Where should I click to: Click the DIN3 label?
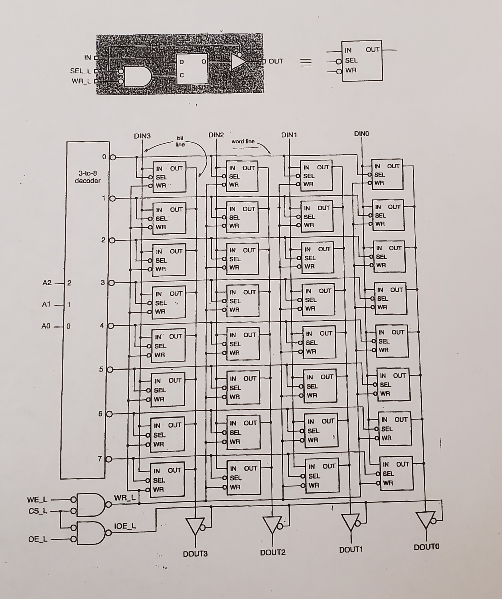point(142,136)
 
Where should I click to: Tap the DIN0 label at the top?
point(361,134)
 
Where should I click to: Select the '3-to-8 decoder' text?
point(88,177)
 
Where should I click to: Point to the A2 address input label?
point(47,283)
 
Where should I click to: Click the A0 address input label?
point(46,326)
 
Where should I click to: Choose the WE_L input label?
point(37,500)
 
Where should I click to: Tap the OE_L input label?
point(38,539)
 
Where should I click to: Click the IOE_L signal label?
point(125,526)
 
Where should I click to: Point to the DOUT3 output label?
point(195,554)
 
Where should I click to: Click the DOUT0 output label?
point(426,547)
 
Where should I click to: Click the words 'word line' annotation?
point(243,141)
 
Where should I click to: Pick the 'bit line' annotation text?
point(180,141)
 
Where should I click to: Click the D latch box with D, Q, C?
point(192,69)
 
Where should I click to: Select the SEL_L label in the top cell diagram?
point(80,71)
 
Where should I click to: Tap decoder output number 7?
point(100,459)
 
